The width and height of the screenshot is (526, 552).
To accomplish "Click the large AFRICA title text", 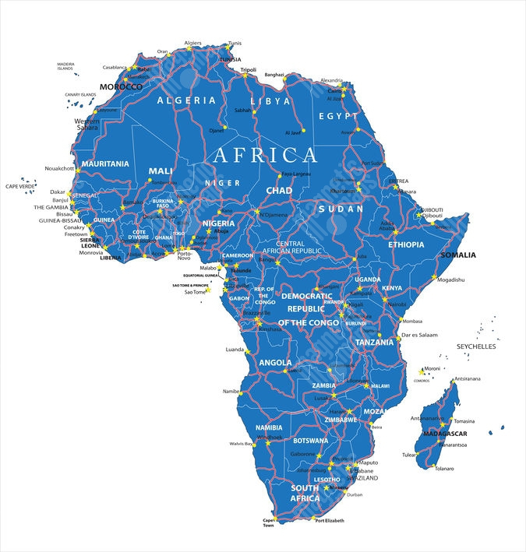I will click(x=265, y=154).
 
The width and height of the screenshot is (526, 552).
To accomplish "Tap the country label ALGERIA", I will click(x=186, y=100).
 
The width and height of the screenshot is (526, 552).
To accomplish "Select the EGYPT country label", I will click(x=338, y=116).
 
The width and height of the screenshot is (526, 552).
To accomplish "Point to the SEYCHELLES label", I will click(x=476, y=346).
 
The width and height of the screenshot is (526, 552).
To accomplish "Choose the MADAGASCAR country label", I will click(x=444, y=434).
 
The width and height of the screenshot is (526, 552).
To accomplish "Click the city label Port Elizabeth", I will click(x=330, y=520).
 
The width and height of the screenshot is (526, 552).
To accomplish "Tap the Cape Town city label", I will click(x=269, y=522).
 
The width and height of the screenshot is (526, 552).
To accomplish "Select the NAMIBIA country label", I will click(x=269, y=427).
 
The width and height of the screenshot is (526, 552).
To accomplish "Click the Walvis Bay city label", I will click(x=241, y=444).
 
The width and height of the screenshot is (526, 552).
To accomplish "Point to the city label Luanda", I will click(x=235, y=350).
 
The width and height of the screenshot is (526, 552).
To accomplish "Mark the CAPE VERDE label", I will click(x=21, y=186).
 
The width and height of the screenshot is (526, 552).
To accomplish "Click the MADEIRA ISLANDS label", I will click(x=65, y=66).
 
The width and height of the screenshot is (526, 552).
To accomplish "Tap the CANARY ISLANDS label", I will click(x=80, y=95).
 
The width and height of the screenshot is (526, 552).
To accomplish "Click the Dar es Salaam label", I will click(x=419, y=335).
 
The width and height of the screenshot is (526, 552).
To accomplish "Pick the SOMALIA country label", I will click(x=458, y=255).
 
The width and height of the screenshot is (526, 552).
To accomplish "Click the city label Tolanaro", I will click(x=444, y=469).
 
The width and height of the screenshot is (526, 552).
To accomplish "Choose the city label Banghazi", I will click(x=274, y=75).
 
